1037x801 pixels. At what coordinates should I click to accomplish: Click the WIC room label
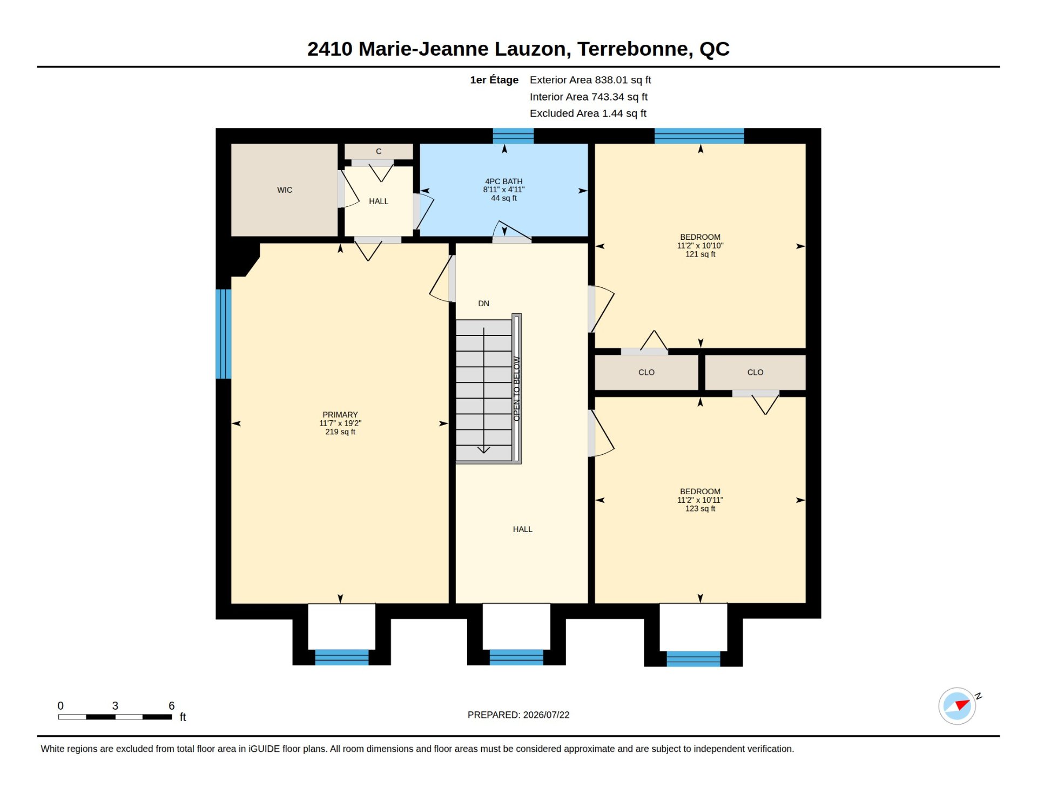coord(285,190)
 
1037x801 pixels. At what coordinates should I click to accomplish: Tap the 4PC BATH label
coord(504,181)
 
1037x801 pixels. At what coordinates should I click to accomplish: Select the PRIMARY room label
coord(340,415)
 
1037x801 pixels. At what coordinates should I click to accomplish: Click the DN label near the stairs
coord(484,304)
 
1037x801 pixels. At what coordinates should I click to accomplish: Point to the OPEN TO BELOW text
coord(517,388)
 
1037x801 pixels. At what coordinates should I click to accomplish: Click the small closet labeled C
coord(379,151)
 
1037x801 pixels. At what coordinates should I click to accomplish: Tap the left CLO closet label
coord(647,372)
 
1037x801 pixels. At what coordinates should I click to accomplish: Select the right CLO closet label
coord(756,372)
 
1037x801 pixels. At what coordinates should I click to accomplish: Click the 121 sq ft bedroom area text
coord(701,254)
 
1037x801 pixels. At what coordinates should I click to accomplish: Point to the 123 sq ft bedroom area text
coord(701,509)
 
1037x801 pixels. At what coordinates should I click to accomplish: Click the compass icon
coord(958,706)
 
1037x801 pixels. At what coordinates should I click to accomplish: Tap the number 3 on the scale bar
coord(115,706)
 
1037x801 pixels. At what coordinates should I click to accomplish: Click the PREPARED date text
coord(518,715)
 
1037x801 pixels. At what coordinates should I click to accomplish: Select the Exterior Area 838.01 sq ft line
coord(590,80)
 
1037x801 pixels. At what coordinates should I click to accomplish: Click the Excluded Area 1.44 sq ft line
coord(588,113)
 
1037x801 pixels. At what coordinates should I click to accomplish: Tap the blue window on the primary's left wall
coord(224,334)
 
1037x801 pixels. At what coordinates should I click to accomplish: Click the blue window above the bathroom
coord(513,136)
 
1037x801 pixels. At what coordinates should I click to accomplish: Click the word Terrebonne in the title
coord(635,49)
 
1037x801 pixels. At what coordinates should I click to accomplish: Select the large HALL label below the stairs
coord(523,529)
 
